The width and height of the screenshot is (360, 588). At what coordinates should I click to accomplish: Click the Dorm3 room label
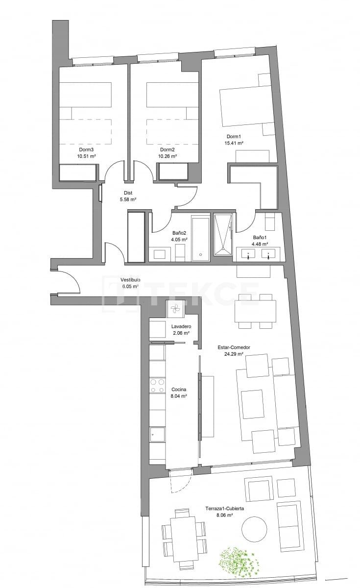point(87,149)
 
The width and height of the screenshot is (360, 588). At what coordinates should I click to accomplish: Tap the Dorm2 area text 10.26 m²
point(167,156)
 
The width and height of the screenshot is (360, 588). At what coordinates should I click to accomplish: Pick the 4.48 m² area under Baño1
point(260,244)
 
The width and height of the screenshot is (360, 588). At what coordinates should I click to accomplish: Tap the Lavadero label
point(181,326)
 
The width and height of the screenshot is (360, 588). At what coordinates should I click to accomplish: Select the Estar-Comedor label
point(234,347)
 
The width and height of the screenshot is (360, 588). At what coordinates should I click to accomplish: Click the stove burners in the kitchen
point(157,386)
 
